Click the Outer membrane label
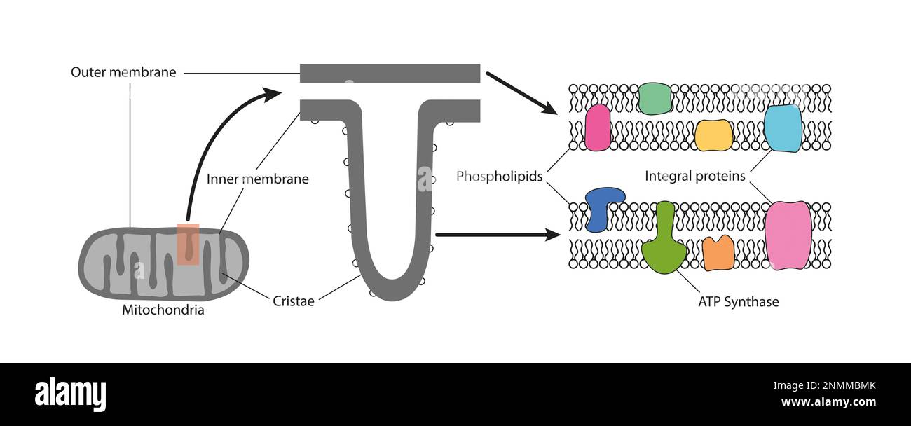tap(123, 72)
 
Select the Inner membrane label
tap(257, 179)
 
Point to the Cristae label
tap(293, 301)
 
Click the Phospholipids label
tap(500, 176)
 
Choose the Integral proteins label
tap(695, 176)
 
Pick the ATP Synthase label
tap(739, 302)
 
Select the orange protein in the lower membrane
tap(718, 253)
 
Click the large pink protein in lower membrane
tap(788, 235)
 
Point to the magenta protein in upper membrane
tap(597, 128)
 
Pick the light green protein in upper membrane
tap(655, 98)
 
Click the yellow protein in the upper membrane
tap(713, 135)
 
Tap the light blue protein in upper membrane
tap(782, 128)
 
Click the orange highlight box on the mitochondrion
tap(188, 244)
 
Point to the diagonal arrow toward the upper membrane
tap(521, 92)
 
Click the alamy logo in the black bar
tap(70, 394)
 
